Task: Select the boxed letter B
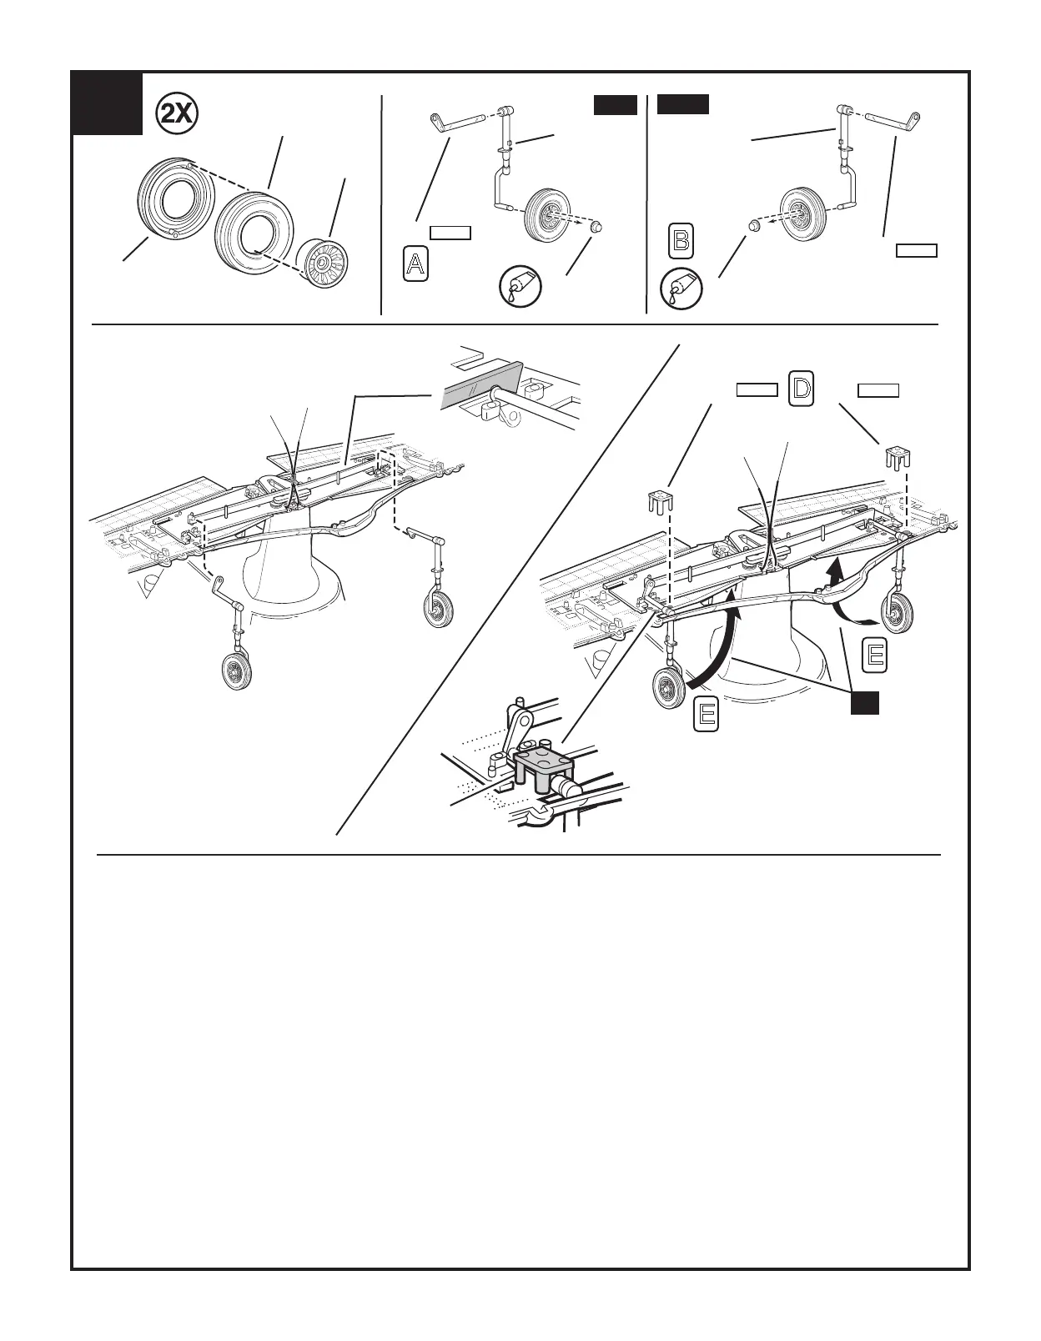[681, 241]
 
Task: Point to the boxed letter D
[801, 389]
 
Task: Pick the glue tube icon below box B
[681, 289]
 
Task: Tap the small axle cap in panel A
[594, 228]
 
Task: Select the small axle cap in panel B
[752, 225]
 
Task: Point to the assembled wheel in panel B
[800, 212]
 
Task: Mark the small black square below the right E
[865, 703]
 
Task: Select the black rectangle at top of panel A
[615, 105]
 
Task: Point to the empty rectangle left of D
[757, 389]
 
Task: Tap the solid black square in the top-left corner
[107, 104]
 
